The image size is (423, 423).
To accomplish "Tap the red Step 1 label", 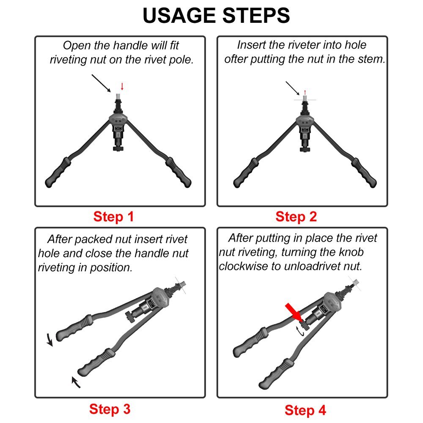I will (x=113, y=217).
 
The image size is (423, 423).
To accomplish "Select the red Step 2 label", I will (x=296, y=217).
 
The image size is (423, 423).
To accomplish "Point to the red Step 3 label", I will (x=110, y=409).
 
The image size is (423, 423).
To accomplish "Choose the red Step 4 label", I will (x=305, y=410).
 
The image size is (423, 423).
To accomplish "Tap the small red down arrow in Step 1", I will (x=122, y=87).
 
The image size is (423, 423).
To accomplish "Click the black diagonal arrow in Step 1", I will (x=102, y=83).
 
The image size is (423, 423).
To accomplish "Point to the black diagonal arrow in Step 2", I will (x=292, y=88).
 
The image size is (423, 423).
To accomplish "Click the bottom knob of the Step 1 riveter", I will (x=118, y=148).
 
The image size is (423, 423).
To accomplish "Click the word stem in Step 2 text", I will (x=371, y=59).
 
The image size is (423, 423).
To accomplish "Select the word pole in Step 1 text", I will (x=179, y=60).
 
